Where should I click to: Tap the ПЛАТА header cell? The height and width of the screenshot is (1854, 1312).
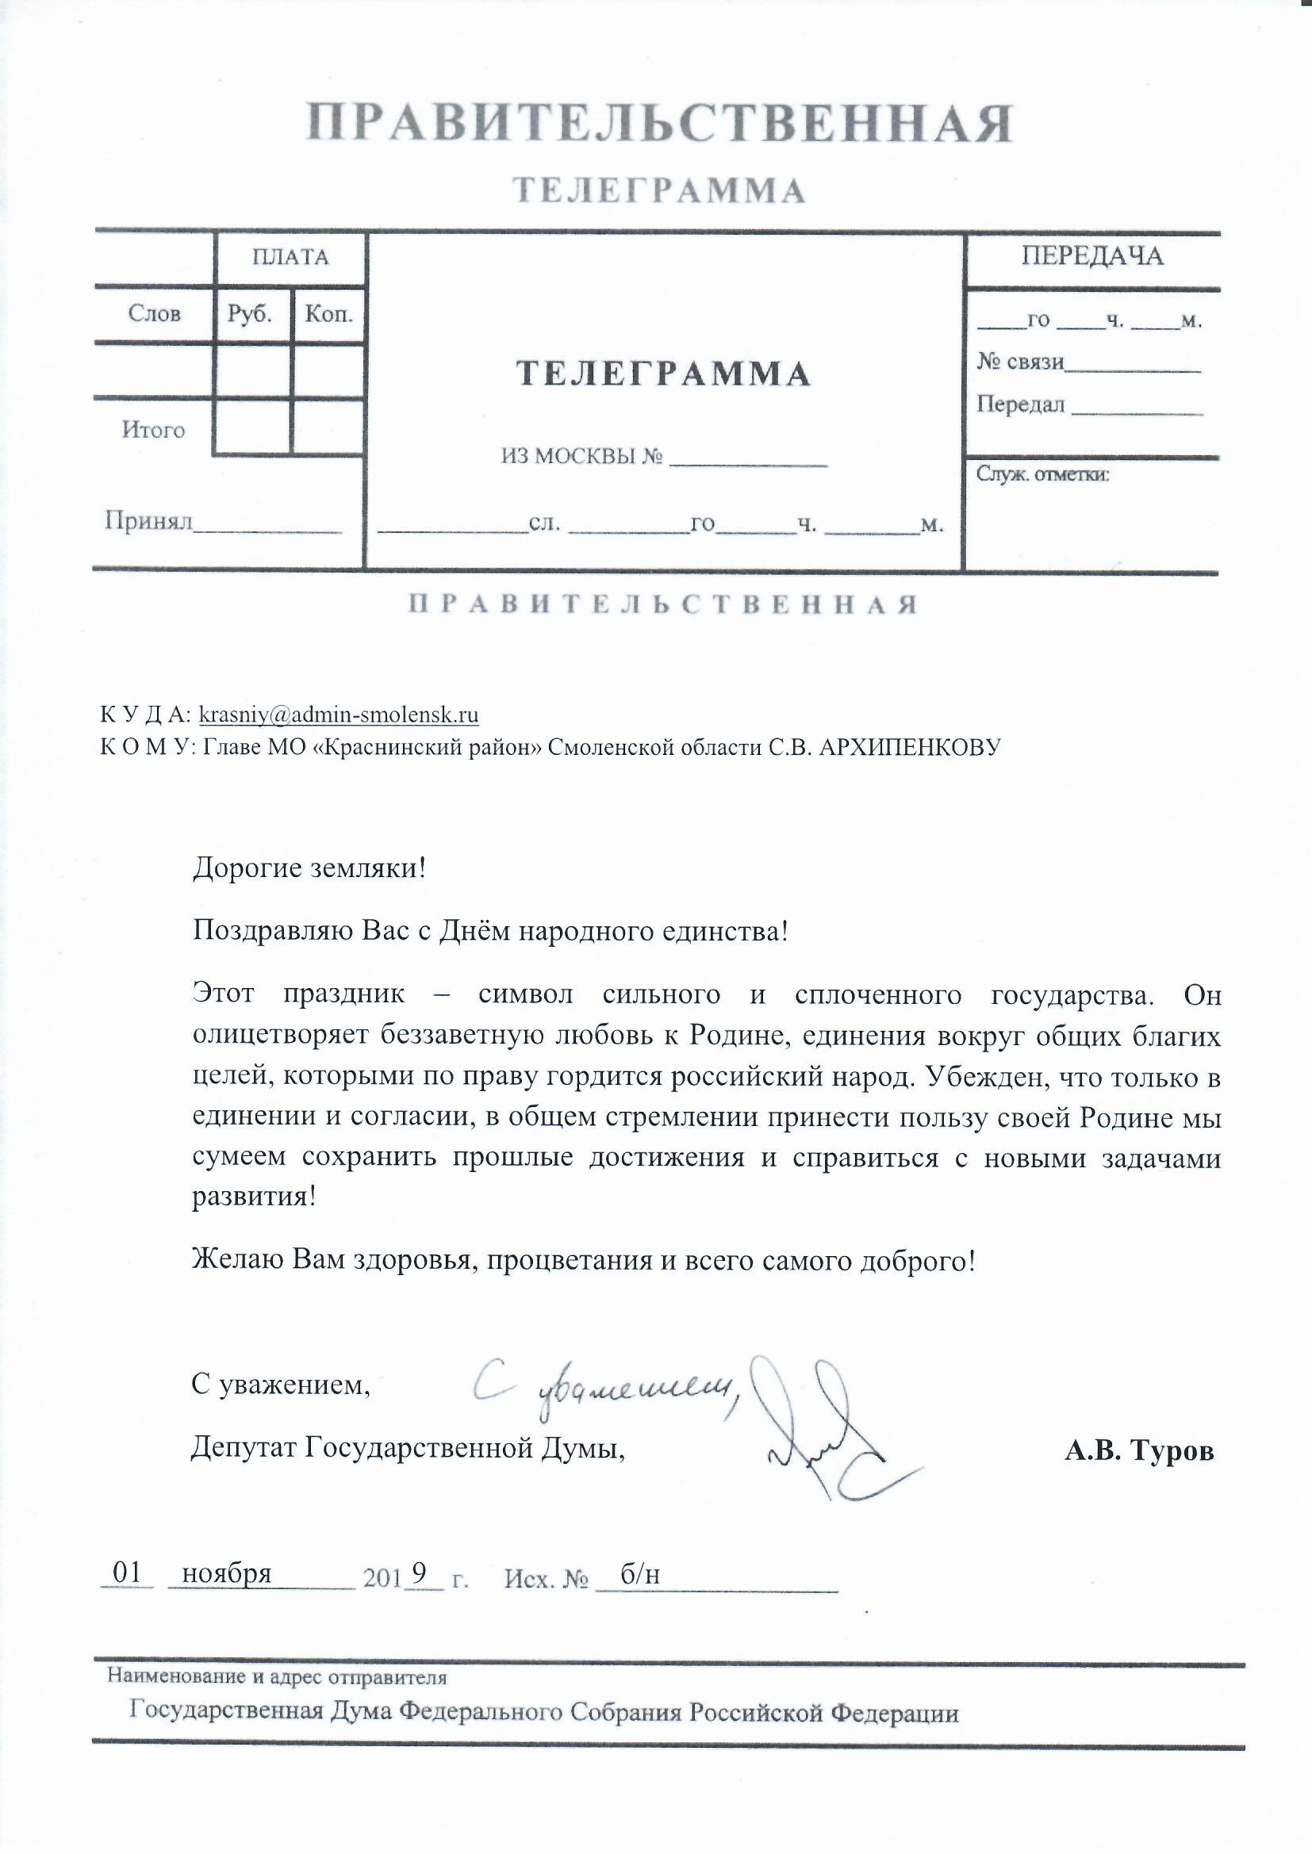(291, 258)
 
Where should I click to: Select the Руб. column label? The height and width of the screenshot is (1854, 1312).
(250, 313)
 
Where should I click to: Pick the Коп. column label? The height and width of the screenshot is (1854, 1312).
(329, 313)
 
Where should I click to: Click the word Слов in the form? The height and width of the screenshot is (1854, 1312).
(154, 313)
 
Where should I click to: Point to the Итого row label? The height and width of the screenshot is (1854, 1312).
(154, 430)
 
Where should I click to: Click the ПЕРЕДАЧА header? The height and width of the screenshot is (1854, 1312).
(1092, 256)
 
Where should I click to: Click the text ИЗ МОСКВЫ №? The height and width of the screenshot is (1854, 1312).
(581, 457)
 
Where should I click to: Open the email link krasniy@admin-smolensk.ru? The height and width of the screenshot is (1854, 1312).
(339, 714)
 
